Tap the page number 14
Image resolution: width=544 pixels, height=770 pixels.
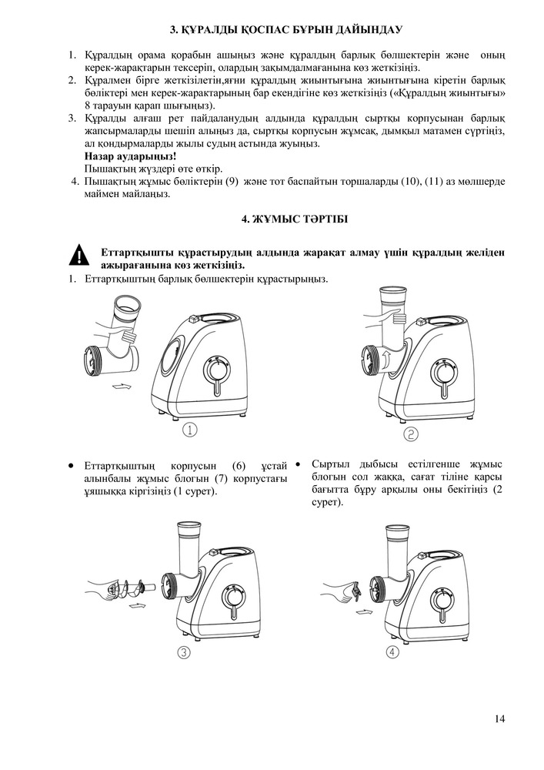(x=500, y=719)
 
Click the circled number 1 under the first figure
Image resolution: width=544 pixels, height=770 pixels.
(x=191, y=430)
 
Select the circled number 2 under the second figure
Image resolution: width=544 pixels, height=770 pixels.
(x=411, y=434)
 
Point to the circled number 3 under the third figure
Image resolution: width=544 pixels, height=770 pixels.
(x=184, y=652)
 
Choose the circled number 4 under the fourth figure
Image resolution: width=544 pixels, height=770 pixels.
(x=394, y=651)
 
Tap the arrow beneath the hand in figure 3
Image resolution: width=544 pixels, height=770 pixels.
(x=139, y=607)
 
